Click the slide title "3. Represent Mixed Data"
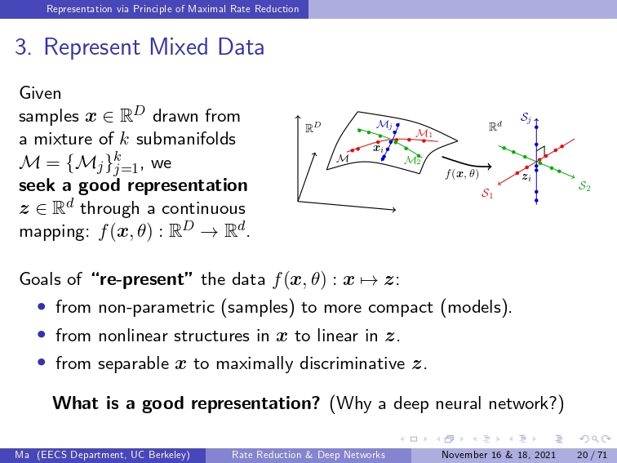click(x=140, y=47)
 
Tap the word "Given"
click(x=40, y=93)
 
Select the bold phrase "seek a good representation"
click(x=133, y=186)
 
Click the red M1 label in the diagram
click(x=424, y=133)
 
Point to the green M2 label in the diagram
click(x=412, y=160)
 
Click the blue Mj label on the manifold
click(x=384, y=124)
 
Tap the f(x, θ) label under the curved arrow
click(x=462, y=174)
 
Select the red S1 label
click(x=487, y=193)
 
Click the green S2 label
click(x=584, y=186)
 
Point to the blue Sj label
click(x=526, y=118)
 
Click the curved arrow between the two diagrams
click(x=467, y=164)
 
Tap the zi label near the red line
click(x=526, y=176)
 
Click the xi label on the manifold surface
click(x=378, y=149)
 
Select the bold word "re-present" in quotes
click(x=141, y=279)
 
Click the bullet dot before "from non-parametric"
click(x=42, y=306)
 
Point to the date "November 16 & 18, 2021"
click(x=499, y=455)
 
